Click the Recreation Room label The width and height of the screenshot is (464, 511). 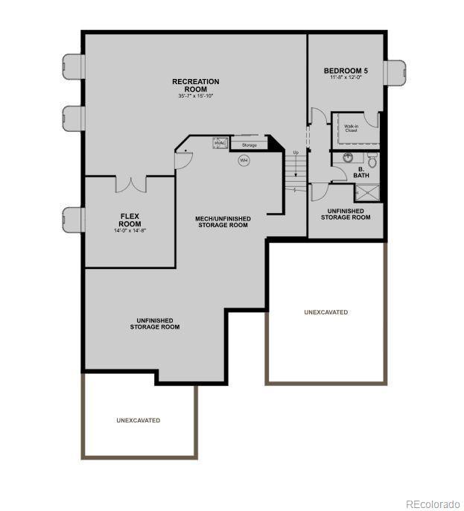point(195,85)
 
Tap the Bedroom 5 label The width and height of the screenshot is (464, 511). point(346,71)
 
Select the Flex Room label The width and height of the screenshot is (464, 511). point(130,220)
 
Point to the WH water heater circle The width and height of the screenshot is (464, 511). point(244,160)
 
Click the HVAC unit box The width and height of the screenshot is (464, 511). point(221,143)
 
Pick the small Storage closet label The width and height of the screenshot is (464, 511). point(249,145)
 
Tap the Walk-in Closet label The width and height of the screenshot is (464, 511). point(351,128)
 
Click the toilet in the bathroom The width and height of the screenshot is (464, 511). point(373,159)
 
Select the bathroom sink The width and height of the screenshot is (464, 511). point(348,158)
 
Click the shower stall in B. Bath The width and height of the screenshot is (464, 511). point(367,193)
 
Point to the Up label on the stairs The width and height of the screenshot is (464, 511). point(296,153)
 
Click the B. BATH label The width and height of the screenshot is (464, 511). point(361,172)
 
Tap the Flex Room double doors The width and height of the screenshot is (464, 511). point(130,183)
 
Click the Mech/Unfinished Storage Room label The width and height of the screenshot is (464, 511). point(223,221)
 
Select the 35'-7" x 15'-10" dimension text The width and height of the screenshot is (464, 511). point(195,95)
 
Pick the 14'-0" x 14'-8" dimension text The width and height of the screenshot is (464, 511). point(130,231)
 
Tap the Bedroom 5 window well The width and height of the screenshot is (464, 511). point(395,73)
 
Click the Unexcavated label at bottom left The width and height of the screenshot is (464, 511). point(138,420)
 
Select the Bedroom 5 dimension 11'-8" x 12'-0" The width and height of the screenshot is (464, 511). point(346,77)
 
